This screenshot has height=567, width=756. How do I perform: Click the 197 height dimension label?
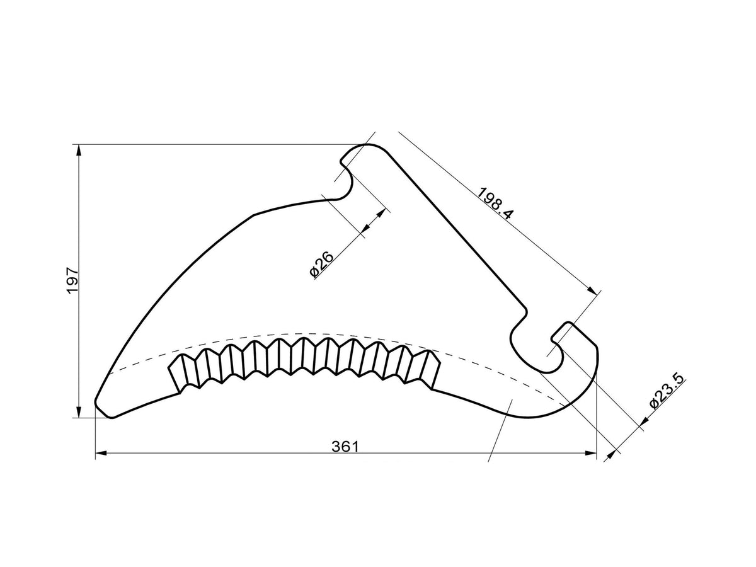73,280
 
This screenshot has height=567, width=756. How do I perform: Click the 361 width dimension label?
345,447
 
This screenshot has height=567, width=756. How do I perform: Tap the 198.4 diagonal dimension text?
495,203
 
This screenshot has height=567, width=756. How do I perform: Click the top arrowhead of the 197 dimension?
79,151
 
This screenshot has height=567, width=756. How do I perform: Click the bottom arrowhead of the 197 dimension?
79,412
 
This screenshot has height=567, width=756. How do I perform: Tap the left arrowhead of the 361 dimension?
101,454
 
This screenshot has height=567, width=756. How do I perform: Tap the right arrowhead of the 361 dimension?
590,454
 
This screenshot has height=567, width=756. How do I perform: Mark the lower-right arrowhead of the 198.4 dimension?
592,290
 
